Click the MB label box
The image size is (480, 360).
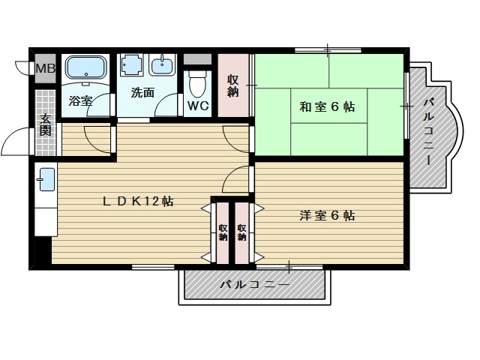[45, 68]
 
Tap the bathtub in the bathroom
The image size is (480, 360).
[87, 69]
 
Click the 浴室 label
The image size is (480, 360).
[81, 100]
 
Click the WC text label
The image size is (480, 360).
[198, 106]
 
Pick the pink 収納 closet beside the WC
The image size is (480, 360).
[234, 85]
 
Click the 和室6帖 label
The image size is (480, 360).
[328, 106]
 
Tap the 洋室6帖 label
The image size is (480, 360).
[327, 216]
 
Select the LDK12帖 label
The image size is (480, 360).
[139, 202]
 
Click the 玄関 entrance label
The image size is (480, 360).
[46, 124]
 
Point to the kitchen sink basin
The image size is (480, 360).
[46, 180]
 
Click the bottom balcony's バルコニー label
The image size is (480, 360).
[254, 285]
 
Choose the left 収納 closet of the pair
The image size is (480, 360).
[223, 232]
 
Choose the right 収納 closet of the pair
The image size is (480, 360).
[242, 232]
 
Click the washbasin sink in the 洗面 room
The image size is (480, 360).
[162, 66]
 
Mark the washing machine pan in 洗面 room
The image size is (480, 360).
[133, 66]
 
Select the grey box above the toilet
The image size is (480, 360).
[198, 58]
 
